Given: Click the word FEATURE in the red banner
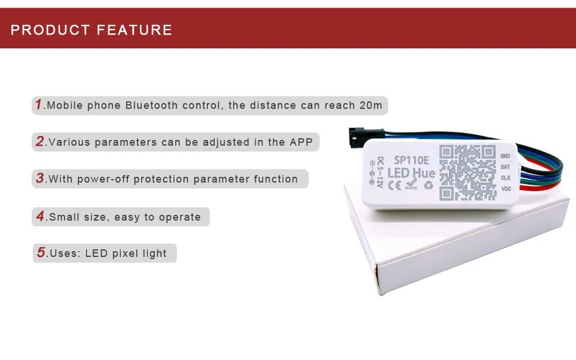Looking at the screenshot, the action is (135, 30).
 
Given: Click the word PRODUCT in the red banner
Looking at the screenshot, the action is (50, 30).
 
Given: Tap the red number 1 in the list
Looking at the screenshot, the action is (39, 104).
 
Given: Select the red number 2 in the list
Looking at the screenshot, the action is (40, 141).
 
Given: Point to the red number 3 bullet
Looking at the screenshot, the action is (40, 178).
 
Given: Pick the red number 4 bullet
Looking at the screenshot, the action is (40, 216).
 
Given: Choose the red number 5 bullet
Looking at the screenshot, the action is (41, 252).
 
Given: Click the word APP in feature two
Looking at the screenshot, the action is (301, 142).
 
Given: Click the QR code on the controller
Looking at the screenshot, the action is (467, 173).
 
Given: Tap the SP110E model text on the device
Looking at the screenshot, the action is (411, 161).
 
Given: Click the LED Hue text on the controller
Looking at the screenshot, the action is (411, 173).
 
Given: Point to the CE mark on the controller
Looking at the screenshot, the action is (395, 185).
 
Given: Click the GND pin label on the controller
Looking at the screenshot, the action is (505, 156).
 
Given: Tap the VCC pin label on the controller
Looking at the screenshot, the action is (506, 189).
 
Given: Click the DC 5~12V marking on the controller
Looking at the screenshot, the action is (380, 172).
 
